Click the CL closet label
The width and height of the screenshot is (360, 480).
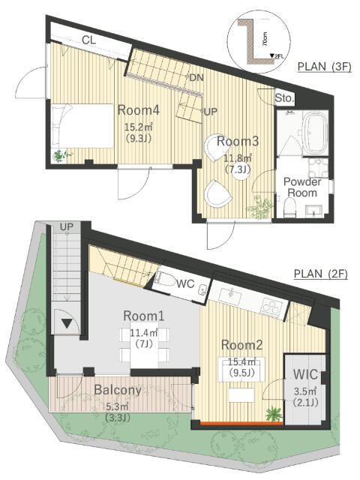[89, 40]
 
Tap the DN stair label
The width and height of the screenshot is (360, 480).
[196, 78]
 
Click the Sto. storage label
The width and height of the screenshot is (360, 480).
[284, 98]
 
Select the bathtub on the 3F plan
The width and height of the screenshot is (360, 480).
[315, 133]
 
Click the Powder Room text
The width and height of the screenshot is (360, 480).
[302, 187]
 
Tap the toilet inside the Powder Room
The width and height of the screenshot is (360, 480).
[289, 207]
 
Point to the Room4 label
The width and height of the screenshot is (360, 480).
[138, 110]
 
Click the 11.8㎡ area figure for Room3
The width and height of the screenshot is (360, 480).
[237, 158]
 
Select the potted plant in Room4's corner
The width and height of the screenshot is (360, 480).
[60, 155]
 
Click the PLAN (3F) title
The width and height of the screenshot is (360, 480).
[324, 67]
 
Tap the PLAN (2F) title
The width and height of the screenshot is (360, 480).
[321, 273]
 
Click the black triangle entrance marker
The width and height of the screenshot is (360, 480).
[67, 323]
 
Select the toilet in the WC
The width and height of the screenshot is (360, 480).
[161, 277]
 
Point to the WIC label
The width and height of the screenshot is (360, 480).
[305, 374]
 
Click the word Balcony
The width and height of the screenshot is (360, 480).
[118, 390]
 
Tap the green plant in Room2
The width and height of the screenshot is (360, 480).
[274, 414]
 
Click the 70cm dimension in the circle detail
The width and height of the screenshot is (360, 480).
[265, 39]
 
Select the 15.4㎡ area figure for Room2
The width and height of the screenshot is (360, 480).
[241, 361]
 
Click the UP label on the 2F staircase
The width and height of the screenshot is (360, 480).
[67, 226]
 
